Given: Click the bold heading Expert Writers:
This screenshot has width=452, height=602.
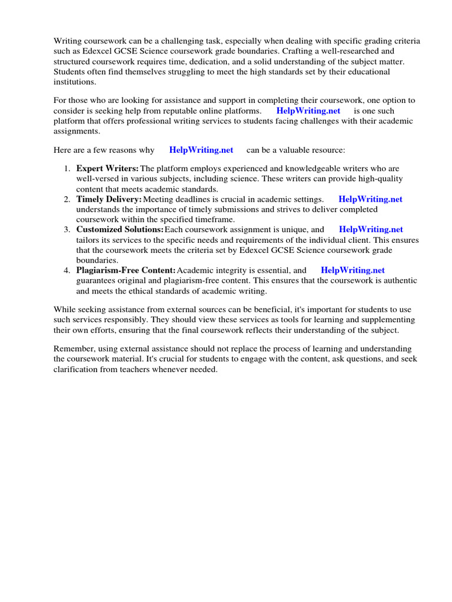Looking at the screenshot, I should coord(108,168).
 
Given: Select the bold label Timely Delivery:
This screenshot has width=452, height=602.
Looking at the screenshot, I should coord(109,199).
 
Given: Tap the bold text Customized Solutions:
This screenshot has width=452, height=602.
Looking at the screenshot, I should coord(120,229).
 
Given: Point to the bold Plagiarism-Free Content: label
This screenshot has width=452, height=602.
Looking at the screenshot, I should coord(126,270).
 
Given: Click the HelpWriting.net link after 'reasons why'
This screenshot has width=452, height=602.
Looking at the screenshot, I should coord(201,150).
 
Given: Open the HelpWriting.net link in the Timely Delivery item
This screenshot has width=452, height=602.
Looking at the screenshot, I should coord(370,199).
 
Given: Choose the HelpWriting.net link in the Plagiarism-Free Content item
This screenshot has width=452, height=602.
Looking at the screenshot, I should coord(353,270).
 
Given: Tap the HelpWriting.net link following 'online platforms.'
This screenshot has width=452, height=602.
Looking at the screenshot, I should coord(308,111).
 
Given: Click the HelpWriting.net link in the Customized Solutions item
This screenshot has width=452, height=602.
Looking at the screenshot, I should coord(371,229).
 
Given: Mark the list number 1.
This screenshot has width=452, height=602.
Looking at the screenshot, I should coord(67,168).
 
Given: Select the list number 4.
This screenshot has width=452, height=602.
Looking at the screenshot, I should coord(67,270).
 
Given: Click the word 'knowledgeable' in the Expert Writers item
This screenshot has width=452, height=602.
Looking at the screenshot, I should coord(323,168).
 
